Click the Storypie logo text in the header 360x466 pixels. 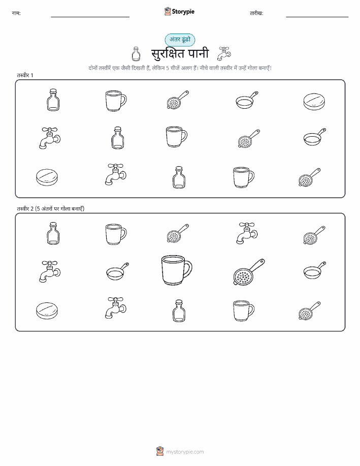point(183,12)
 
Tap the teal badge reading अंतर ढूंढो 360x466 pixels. point(180,40)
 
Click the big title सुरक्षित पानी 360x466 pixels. point(180,53)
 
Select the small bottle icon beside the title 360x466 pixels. point(136,54)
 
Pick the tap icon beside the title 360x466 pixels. point(224,53)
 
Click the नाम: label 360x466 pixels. point(16,13)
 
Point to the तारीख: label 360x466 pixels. point(256,13)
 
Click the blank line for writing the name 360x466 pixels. point(90,17)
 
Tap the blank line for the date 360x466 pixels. point(317,17)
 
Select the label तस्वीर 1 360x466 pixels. point(25,75)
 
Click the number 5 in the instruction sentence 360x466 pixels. point(168,68)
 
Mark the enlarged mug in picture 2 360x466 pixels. point(177,270)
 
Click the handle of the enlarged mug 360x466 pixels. point(188,268)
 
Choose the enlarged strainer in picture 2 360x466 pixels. point(249,272)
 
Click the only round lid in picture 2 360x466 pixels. point(47,310)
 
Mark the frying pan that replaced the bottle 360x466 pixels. point(118,271)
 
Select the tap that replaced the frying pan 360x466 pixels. point(247,233)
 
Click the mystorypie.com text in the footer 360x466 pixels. point(185,452)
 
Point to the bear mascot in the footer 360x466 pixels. point(160,451)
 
